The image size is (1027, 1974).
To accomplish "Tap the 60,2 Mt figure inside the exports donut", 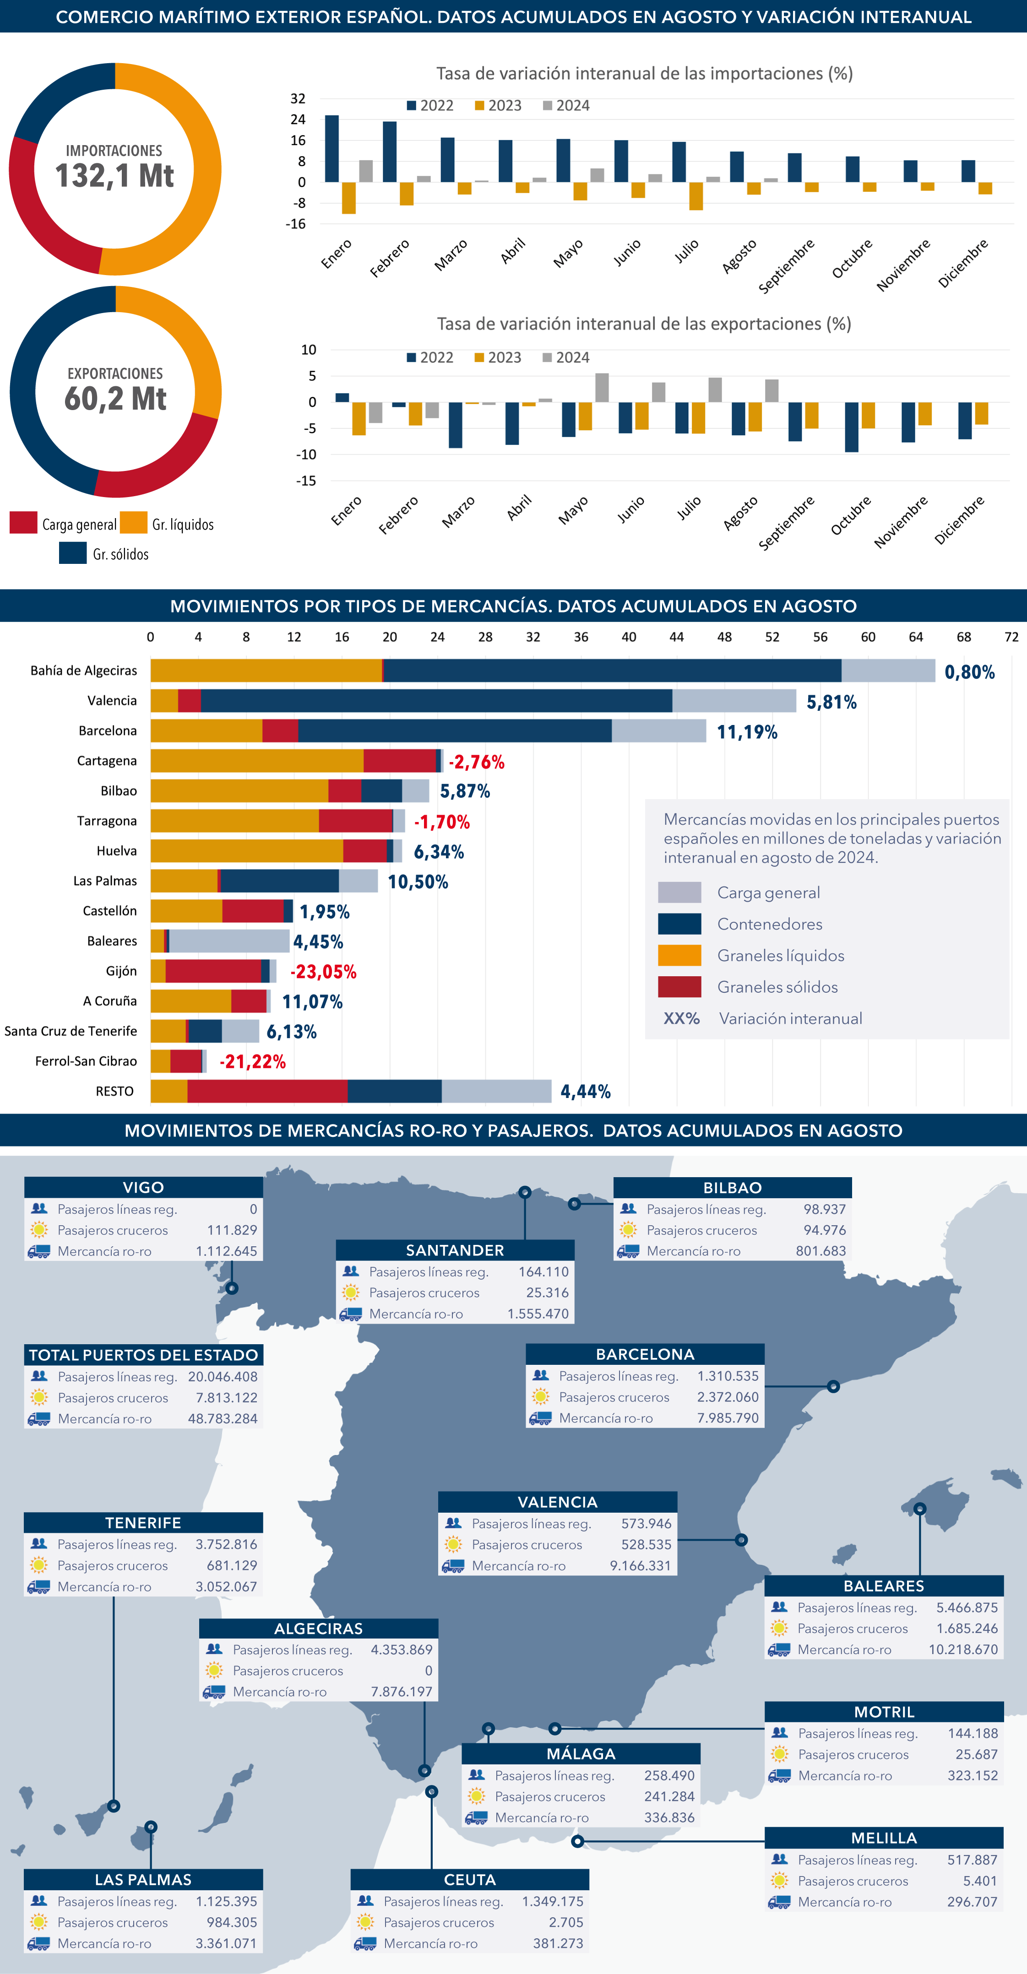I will tap(115, 399).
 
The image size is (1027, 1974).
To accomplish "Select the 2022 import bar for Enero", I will tap(332, 149).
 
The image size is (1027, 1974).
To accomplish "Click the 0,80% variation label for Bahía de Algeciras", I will tap(969, 672).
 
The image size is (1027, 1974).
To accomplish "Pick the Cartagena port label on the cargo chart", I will tap(107, 761).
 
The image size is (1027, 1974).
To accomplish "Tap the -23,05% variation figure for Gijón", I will tap(323, 972).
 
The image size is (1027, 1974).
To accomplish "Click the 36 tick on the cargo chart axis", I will tap(581, 637).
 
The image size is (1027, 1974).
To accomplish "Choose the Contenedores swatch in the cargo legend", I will tap(679, 924).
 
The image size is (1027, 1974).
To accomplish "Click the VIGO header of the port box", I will tap(143, 1187).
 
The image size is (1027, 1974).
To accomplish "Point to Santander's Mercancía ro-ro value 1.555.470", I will tap(538, 1314).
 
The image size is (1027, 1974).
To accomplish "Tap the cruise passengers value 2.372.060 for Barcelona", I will tap(728, 1397).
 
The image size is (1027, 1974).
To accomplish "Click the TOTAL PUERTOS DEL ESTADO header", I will tap(143, 1355).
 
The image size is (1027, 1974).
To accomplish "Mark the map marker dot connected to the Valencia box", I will tap(741, 1540).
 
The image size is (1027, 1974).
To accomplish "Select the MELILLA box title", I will tap(884, 1838).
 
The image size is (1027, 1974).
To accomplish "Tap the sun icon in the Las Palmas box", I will tap(38, 1922).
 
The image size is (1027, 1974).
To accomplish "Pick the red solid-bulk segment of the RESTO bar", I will tap(267, 1091).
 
